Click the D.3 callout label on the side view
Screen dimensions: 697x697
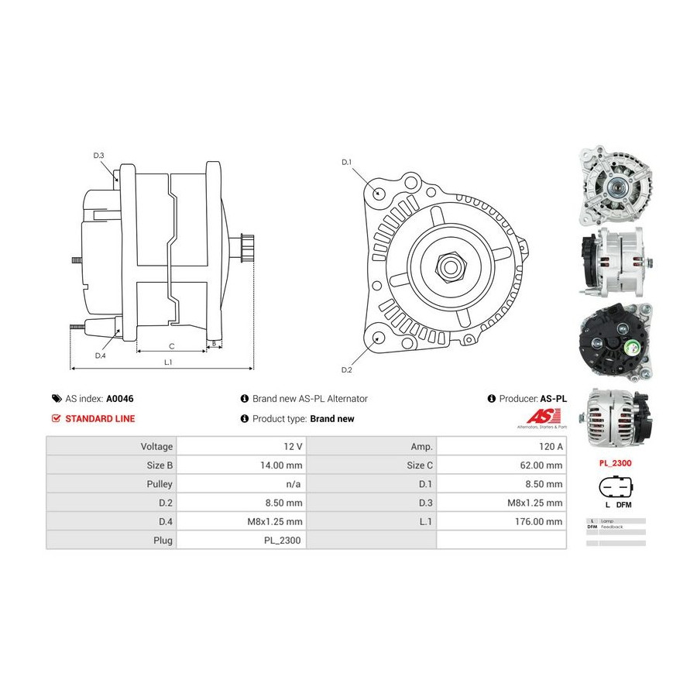tap(98, 156)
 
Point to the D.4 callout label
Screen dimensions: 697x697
tap(100, 355)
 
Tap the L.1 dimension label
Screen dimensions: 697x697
tap(167, 362)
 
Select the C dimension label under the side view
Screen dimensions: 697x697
tap(171, 345)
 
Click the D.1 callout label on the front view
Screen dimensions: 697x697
tap(347, 162)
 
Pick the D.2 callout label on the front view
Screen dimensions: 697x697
tap(347, 369)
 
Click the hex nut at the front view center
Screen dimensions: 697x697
tap(448, 266)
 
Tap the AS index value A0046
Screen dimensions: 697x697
tap(119, 399)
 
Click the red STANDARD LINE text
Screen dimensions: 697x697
tap(99, 419)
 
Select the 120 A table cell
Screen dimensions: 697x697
tap(550, 447)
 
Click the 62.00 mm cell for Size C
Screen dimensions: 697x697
tap(544, 465)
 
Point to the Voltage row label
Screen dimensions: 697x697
tap(156, 447)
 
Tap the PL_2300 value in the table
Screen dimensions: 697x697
tap(286, 540)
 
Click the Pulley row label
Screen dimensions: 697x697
tap(160, 484)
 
